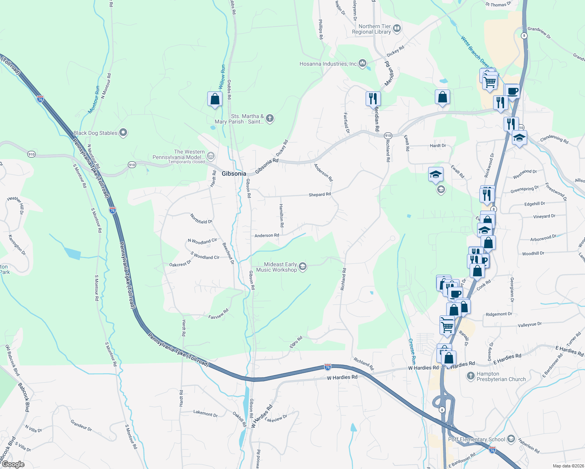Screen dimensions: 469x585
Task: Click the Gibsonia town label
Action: [x=234, y=174]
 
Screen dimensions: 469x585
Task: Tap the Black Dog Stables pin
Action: [x=123, y=133]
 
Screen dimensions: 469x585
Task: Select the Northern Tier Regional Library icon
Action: [x=397, y=28]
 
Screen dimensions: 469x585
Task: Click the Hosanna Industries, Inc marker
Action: [x=362, y=63]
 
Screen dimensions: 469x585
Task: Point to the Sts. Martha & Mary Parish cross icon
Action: [x=269, y=118]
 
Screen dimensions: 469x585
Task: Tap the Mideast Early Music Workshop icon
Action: [x=302, y=267]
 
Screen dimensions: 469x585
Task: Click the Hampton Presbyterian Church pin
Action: [x=471, y=376]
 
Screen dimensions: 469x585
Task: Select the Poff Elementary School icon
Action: [x=511, y=439]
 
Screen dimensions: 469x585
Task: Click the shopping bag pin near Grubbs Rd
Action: [x=215, y=99]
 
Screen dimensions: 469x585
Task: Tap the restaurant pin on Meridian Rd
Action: [x=373, y=98]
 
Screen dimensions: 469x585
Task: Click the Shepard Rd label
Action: [x=319, y=195]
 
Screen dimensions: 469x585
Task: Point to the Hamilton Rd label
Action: [x=281, y=215]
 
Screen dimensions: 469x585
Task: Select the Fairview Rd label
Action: [x=218, y=314]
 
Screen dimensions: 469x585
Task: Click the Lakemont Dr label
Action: [x=205, y=414]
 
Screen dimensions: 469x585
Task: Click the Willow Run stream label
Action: [x=222, y=76]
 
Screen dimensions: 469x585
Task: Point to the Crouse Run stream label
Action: [x=412, y=351]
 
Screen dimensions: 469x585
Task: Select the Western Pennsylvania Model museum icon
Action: [x=211, y=156]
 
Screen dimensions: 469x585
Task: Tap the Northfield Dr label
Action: [x=201, y=219]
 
